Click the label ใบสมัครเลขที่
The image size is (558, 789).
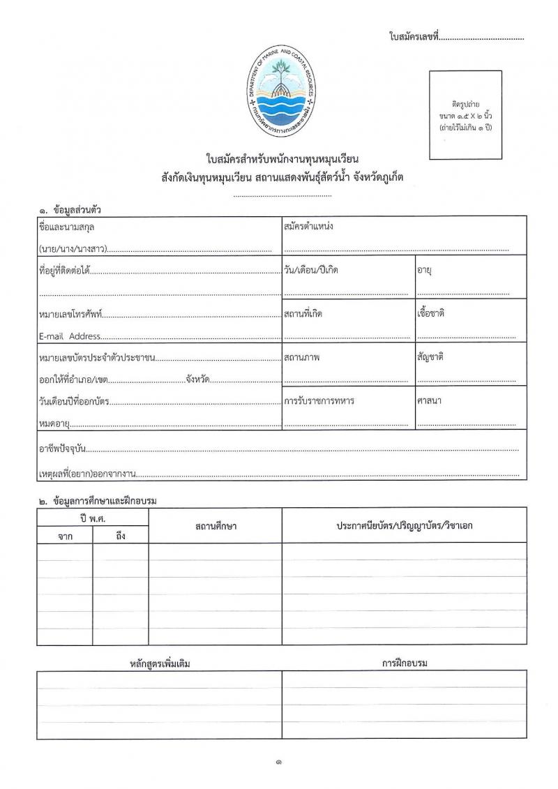click(414, 36)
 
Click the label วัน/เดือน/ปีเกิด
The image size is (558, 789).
click(311, 270)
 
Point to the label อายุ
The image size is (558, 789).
click(425, 270)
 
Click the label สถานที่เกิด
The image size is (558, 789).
click(303, 313)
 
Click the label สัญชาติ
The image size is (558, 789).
click(430, 356)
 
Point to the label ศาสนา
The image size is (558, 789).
click(429, 400)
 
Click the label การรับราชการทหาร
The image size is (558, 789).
click(319, 400)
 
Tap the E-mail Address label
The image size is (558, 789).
click(70, 336)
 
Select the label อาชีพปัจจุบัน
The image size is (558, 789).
click(61, 450)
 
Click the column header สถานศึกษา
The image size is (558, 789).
click(216, 525)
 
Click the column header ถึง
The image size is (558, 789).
click(120, 536)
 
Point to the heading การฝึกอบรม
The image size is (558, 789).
click(405, 663)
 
